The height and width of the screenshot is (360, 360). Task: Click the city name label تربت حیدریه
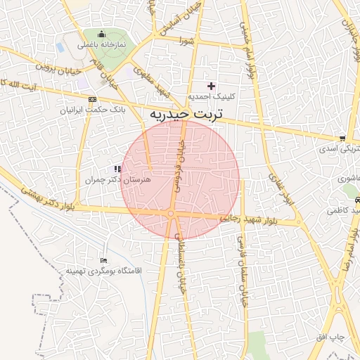point(186,112)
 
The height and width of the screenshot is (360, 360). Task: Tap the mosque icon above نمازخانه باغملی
point(101,34)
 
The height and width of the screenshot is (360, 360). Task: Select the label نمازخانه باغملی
point(101,45)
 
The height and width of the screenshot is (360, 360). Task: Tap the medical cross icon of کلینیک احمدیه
point(211,85)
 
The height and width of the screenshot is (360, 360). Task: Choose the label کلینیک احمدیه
point(206,96)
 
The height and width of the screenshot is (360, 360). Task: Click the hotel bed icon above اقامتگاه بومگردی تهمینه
point(105,261)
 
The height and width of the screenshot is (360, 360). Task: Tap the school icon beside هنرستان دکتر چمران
point(117,169)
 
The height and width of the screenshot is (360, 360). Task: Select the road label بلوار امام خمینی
point(247,49)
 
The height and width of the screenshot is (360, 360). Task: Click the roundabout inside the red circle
point(171,214)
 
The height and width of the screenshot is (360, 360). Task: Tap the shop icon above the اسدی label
point(342,138)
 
